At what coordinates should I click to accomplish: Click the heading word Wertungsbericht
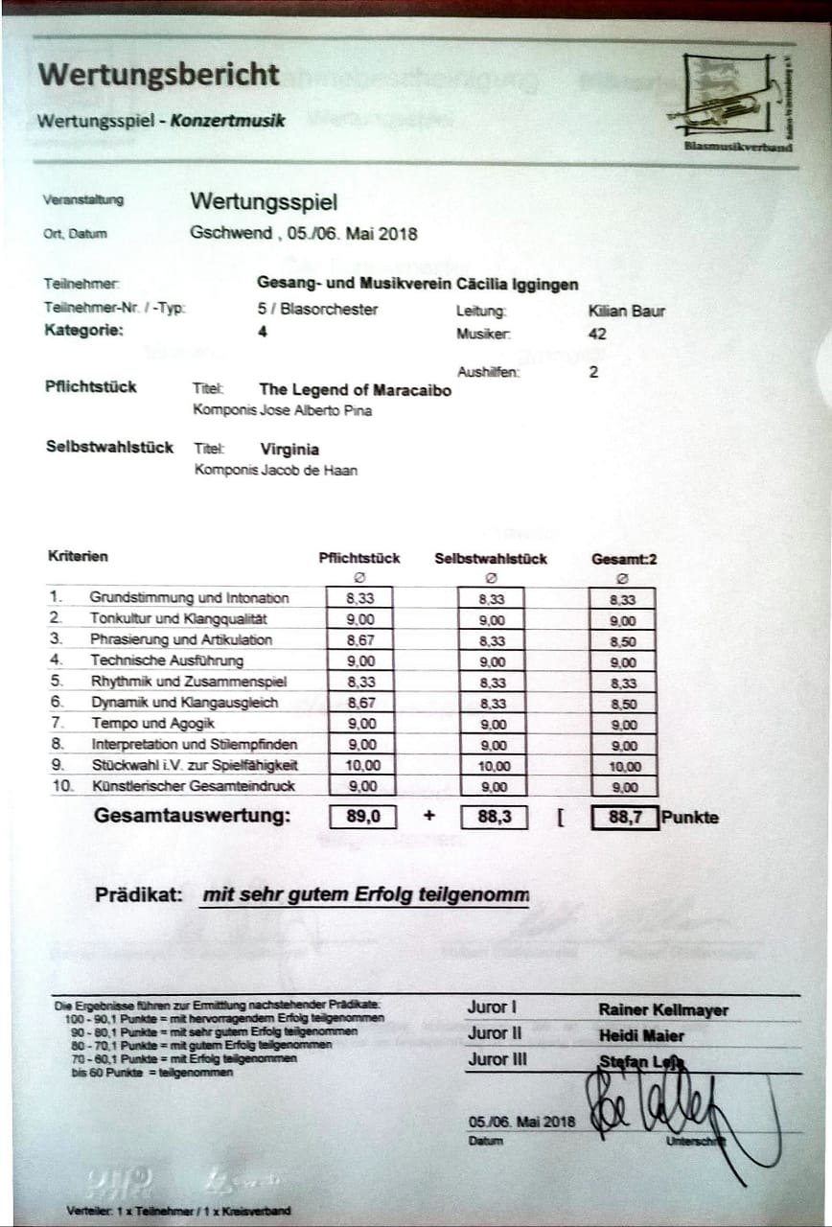(x=159, y=75)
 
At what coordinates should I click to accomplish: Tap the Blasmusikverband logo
(x=734, y=102)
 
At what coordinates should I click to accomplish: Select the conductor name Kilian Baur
(x=626, y=311)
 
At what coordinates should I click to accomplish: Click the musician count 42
(x=596, y=335)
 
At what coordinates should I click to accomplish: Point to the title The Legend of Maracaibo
(x=355, y=390)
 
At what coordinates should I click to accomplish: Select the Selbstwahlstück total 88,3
(x=493, y=818)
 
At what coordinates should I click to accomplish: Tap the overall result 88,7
(x=624, y=818)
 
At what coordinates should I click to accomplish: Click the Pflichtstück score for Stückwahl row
(x=360, y=766)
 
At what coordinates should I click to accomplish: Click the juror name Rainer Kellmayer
(x=663, y=1010)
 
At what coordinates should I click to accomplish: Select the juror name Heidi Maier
(x=641, y=1036)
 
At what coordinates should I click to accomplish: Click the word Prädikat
(x=138, y=895)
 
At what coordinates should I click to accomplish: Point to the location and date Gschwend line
(x=304, y=233)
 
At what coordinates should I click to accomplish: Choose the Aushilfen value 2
(x=593, y=372)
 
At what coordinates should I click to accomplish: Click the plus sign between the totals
(x=428, y=817)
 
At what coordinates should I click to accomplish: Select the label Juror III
(x=497, y=1060)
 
